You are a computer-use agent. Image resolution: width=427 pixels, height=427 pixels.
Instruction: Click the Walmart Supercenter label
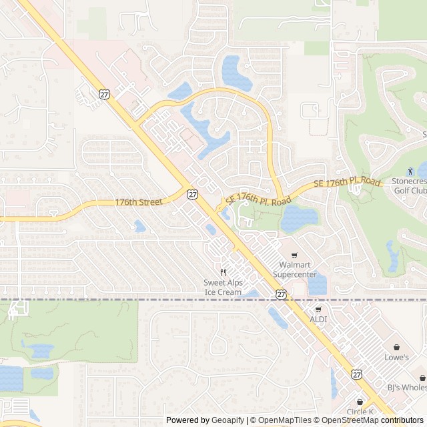(x=295, y=270)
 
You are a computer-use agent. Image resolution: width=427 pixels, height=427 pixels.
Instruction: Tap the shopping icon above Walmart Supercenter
(x=294, y=256)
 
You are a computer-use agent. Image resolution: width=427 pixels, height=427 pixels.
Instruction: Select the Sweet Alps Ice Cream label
(x=223, y=288)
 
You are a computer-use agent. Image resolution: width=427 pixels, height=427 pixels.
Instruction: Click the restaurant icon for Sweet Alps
(x=224, y=272)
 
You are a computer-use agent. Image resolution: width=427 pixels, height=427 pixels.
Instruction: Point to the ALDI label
(x=318, y=320)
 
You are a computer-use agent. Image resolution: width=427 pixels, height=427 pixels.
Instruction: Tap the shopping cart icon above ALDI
(x=318, y=310)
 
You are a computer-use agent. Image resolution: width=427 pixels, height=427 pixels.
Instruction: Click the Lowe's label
(x=397, y=358)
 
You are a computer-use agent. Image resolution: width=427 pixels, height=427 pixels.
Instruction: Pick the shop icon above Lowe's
(x=397, y=347)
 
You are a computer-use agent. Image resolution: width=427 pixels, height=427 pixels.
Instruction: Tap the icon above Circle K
(x=360, y=402)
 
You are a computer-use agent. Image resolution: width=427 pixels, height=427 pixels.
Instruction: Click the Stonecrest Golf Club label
(x=409, y=186)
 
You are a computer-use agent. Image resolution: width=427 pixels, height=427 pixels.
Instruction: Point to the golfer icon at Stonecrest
(x=410, y=171)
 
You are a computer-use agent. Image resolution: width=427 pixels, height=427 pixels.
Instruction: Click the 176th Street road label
(x=139, y=201)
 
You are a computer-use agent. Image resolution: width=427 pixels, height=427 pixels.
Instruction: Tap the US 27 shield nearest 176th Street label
(x=192, y=194)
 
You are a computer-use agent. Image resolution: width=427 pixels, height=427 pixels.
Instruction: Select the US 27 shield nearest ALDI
(x=281, y=294)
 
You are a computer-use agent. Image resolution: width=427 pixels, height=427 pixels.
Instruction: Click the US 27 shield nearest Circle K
(x=358, y=375)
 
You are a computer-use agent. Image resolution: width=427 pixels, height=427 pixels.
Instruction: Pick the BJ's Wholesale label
(x=407, y=387)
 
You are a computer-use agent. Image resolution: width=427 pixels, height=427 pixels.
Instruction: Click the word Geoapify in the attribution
(x=228, y=420)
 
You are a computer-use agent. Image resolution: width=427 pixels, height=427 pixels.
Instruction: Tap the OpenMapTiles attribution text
(x=285, y=420)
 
